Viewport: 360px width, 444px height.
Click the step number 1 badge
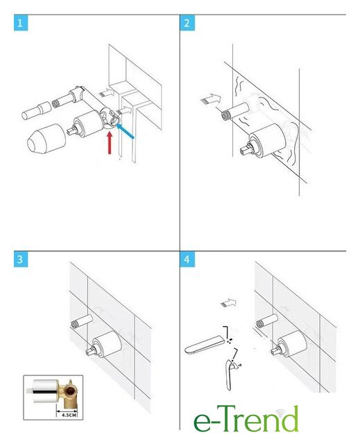(21, 23)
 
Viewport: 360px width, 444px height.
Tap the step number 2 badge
(187, 23)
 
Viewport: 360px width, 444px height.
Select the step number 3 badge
(21, 259)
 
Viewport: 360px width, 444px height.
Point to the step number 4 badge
(187, 259)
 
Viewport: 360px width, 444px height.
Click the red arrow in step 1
(110, 143)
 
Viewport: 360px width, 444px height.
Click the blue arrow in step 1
(125, 131)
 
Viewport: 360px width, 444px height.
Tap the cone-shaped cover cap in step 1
(46, 139)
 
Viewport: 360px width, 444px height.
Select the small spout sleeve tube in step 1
(37, 111)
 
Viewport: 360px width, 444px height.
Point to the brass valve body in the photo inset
(67, 392)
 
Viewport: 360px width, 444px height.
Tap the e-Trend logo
(246, 419)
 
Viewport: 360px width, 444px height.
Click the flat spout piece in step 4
(205, 345)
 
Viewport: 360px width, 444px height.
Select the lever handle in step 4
(229, 375)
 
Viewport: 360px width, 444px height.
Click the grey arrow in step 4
(228, 303)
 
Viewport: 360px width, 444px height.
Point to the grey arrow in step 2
(211, 99)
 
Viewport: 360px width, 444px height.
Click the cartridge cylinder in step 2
(266, 139)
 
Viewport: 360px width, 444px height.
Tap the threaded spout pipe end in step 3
(75, 324)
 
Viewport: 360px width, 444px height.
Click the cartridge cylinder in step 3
(108, 344)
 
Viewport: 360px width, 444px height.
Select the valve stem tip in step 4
(275, 352)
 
